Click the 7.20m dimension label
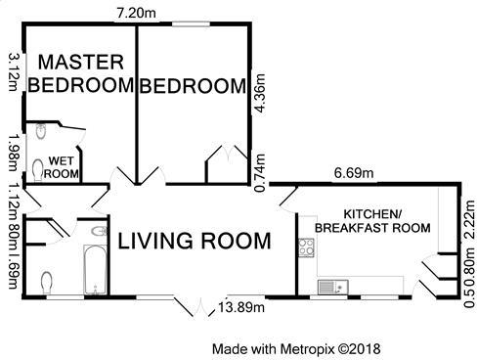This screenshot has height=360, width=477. click(x=136, y=13)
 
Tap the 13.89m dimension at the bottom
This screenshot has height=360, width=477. click(x=241, y=307)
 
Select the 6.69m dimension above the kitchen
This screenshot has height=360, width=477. click(x=354, y=173)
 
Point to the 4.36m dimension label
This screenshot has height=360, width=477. click(x=260, y=94)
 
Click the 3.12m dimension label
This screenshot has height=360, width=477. click(x=15, y=72)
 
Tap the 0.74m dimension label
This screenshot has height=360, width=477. click(x=260, y=173)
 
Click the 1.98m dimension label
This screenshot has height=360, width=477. click(x=15, y=153)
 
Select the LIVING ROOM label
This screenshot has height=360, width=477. click(x=195, y=241)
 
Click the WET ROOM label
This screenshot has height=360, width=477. click(x=62, y=167)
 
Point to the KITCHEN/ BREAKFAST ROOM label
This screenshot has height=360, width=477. click(x=372, y=221)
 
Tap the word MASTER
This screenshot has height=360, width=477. click(x=81, y=62)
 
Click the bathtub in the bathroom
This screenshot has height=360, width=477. click(x=96, y=269)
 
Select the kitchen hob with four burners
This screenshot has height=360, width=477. click(x=307, y=247)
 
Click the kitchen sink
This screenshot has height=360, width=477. click(x=333, y=287)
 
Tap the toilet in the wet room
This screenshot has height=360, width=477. click(x=38, y=170)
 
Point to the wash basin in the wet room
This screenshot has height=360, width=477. click(x=41, y=131)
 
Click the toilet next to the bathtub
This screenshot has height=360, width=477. click(x=47, y=283)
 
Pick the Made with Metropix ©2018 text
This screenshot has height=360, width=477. click(x=296, y=349)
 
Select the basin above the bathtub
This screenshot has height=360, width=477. click(x=99, y=231)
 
